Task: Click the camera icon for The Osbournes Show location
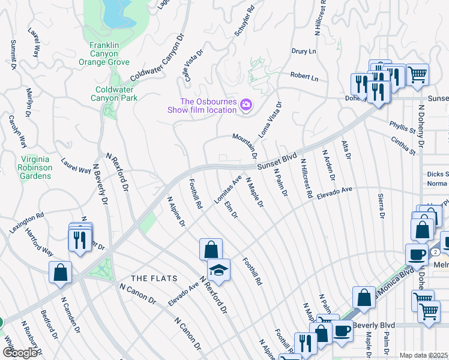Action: pos(246,106)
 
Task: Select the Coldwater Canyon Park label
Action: pos(113,94)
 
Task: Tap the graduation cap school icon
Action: pos(218,270)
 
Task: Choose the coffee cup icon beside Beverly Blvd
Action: pos(342,329)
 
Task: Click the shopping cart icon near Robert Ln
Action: pos(418,74)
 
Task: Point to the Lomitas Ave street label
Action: pos(228,190)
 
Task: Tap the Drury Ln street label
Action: pos(304,52)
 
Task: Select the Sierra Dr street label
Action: pos(381,205)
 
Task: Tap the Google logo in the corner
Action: pos(20,353)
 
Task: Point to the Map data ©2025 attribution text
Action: pos(423,355)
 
